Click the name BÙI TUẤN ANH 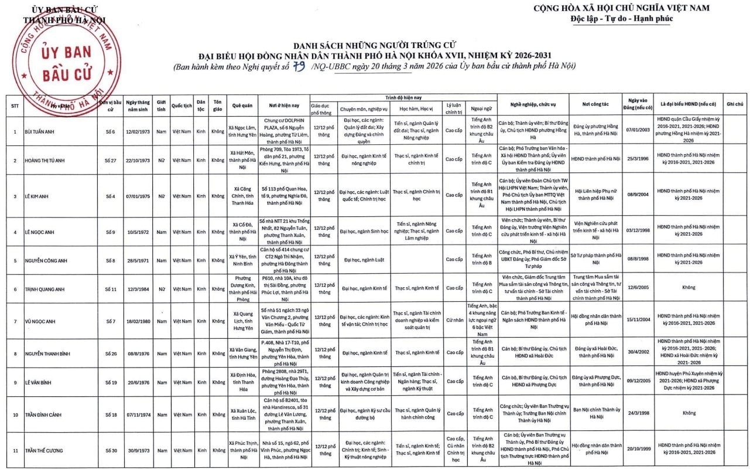(40, 131)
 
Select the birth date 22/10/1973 (138, 159)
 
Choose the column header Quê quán (242, 106)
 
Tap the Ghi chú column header (735, 103)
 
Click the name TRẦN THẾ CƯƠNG (44, 450)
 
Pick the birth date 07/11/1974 (138, 414)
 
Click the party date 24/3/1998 (638, 413)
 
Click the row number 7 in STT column (15, 321)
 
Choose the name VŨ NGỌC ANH (41, 321)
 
